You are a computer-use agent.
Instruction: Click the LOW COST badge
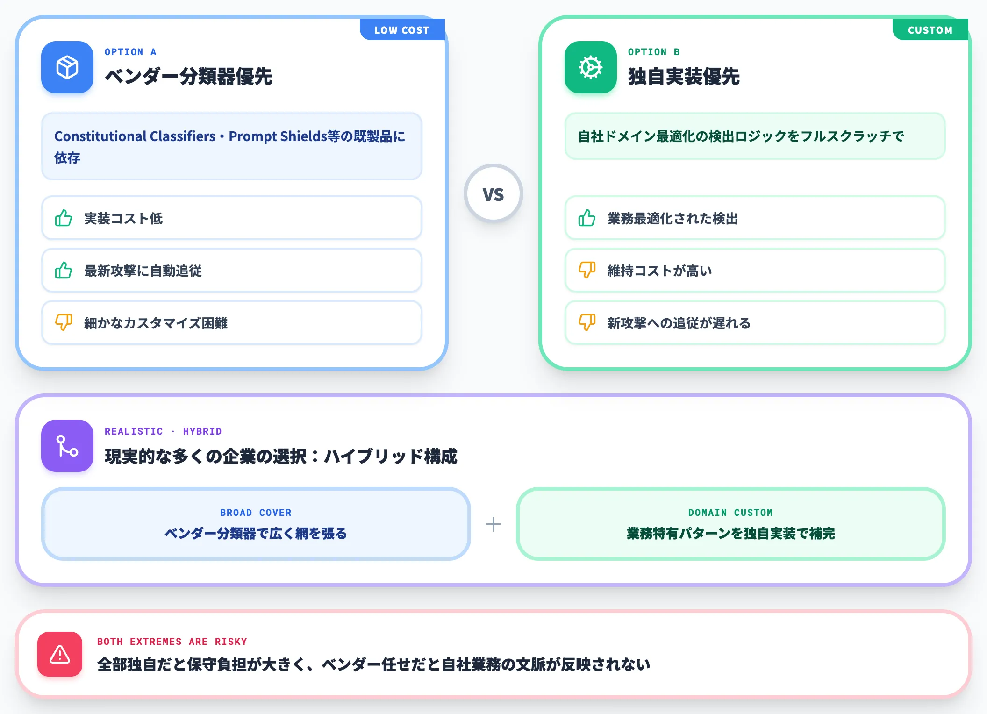tap(402, 30)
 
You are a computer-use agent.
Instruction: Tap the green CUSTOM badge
tap(930, 30)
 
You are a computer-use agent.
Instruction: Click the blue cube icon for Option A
tap(67, 67)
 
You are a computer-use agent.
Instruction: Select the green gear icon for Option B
tap(591, 67)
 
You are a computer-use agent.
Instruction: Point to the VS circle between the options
tap(493, 193)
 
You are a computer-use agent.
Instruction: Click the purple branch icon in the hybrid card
tap(67, 446)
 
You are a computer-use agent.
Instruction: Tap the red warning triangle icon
tap(60, 654)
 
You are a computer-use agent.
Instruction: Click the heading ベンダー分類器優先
tap(188, 76)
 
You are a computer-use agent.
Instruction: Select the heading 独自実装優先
tap(684, 76)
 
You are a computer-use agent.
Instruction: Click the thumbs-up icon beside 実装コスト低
tap(64, 218)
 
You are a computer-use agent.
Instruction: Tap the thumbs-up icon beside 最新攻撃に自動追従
tap(64, 271)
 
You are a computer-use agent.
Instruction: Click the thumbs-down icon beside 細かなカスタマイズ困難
tap(64, 322)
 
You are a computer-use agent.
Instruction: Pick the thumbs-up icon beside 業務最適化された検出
tap(587, 218)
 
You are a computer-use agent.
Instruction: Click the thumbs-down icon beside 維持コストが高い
tap(587, 270)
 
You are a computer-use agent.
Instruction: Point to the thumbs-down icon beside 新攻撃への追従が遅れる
tap(587, 322)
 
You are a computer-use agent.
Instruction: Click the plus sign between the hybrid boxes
tap(493, 524)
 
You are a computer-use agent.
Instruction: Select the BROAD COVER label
tap(256, 513)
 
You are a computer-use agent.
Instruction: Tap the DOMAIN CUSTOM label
tap(730, 513)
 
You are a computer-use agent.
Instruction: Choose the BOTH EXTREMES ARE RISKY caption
tap(172, 642)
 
